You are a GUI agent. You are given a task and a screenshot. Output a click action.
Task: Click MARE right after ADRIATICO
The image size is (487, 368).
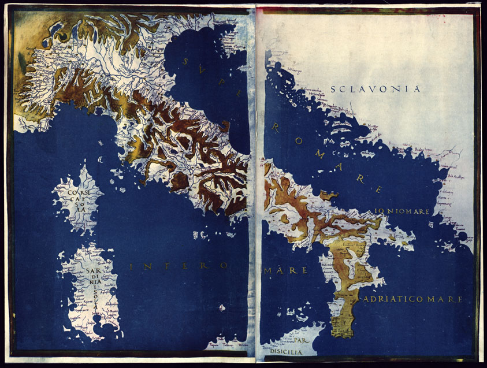pyautogui.click(x=449, y=299)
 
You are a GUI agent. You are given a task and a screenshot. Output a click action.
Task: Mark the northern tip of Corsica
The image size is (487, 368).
pyautogui.click(x=84, y=167)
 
